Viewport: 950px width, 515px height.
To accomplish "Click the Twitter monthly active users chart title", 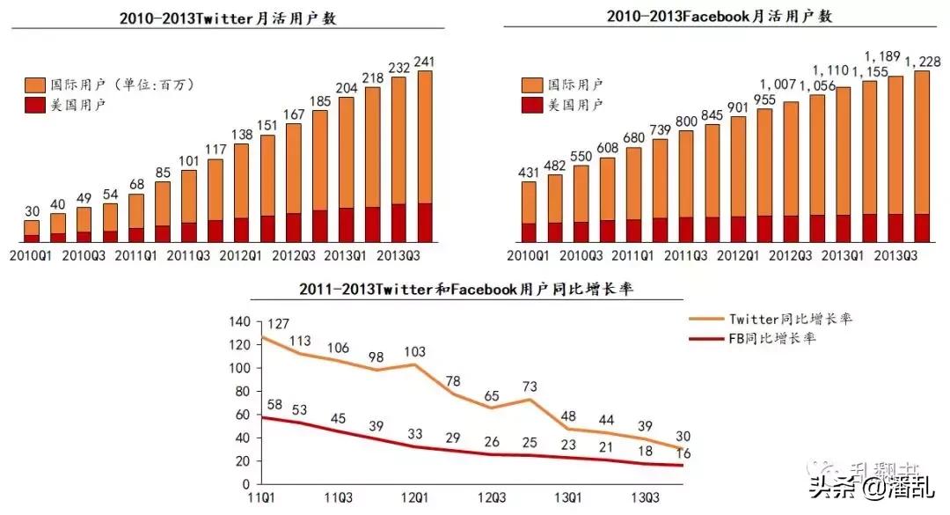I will [x=228, y=18].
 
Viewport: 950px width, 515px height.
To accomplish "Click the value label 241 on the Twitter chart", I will [x=425, y=62].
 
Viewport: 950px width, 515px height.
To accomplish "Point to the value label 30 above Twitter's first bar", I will [x=32, y=212].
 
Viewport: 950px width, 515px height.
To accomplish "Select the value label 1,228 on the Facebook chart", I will [x=922, y=61].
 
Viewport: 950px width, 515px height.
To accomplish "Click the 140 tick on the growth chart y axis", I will [x=237, y=322].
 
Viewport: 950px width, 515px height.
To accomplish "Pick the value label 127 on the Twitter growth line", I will [x=279, y=323].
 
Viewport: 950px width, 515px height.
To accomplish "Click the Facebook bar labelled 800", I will [x=686, y=186].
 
